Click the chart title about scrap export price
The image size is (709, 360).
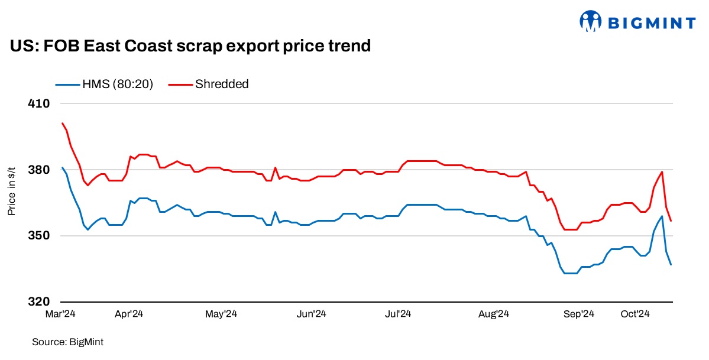coord(190,46)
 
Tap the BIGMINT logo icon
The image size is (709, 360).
coord(590,22)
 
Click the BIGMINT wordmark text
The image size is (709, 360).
coord(652,23)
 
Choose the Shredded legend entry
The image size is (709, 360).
coord(209,84)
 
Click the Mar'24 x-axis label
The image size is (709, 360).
coord(61,314)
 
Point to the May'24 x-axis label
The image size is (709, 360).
coord(221,314)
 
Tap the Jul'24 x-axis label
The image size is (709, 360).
coord(398,314)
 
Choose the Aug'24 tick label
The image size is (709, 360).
coord(493,314)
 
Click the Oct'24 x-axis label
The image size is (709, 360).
coord(635,314)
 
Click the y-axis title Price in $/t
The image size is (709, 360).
coord(11,190)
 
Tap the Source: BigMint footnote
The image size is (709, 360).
coord(63,342)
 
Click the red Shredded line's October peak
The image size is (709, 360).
coord(662,172)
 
